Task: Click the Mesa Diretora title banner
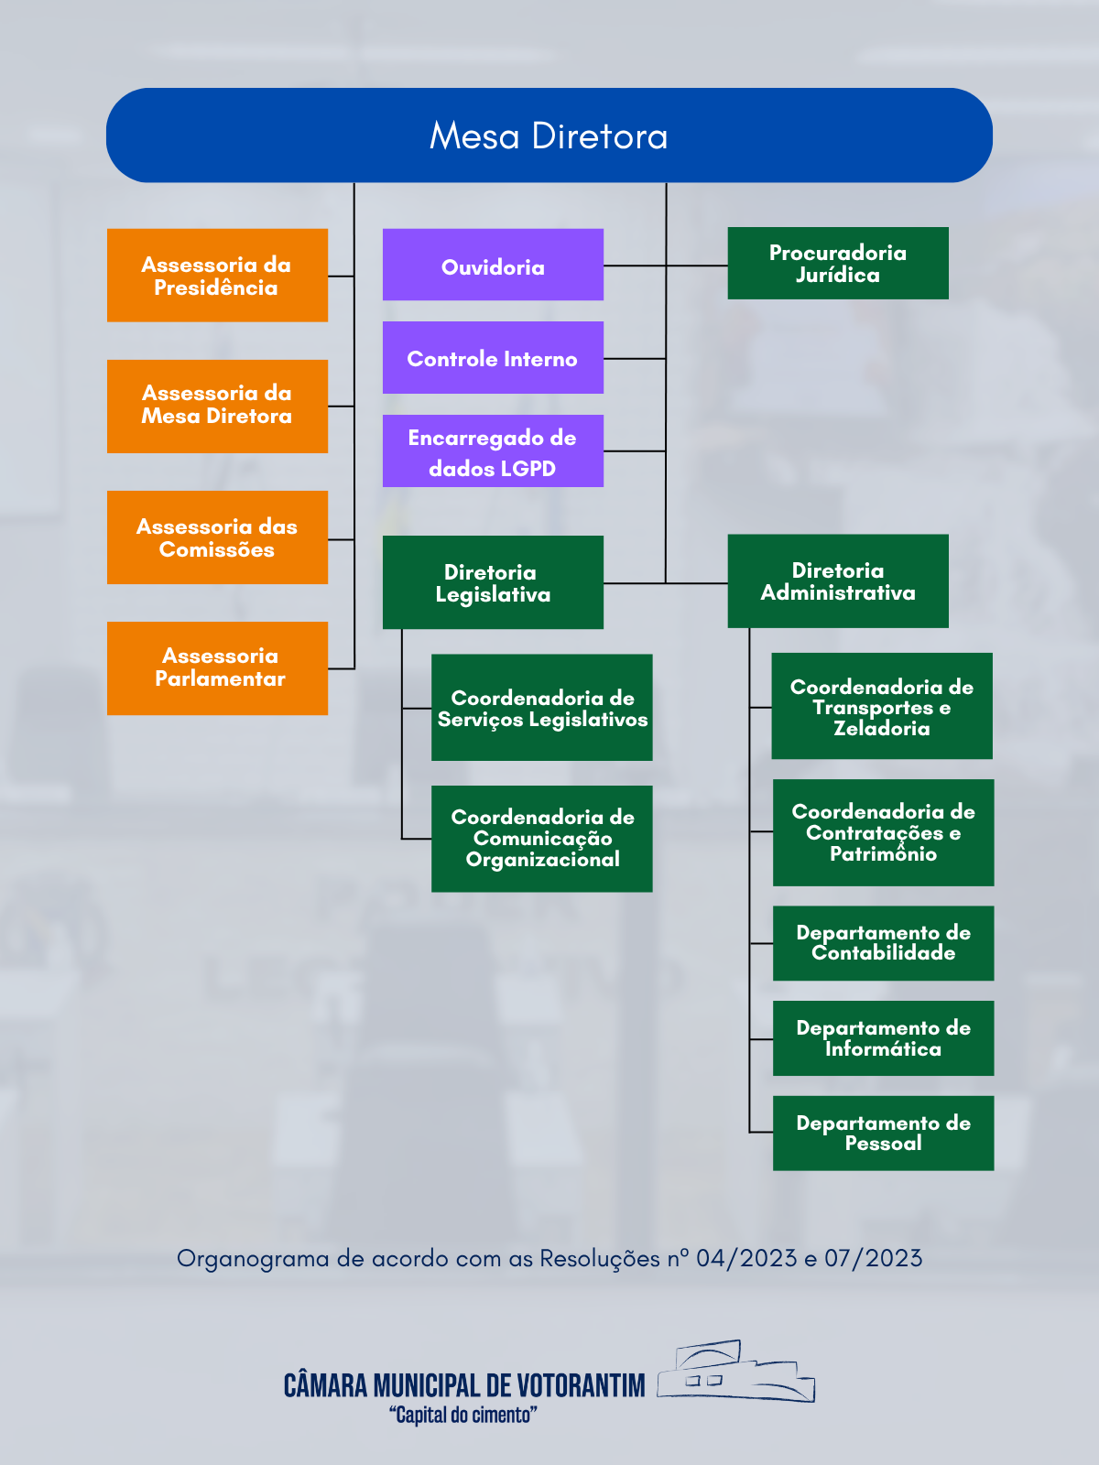pyautogui.click(x=549, y=136)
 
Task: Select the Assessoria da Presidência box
pyautogui.click(x=217, y=276)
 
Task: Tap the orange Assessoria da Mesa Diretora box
pyautogui.click(x=217, y=406)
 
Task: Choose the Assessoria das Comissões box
pyautogui.click(x=217, y=537)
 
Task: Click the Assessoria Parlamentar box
pyautogui.click(x=217, y=668)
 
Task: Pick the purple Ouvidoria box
pyautogui.click(x=493, y=266)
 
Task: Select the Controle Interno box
pyautogui.click(x=493, y=358)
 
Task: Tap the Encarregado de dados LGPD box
pyautogui.click(x=493, y=451)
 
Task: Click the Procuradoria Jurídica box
pyautogui.click(x=838, y=264)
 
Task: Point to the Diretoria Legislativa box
pyautogui.click(x=493, y=582)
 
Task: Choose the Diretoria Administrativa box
pyautogui.click(x=838, y=581)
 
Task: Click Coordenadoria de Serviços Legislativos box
pyautogui.click(x=542, y=708)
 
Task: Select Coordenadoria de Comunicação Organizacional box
pyautogui.click(x=542, y=839)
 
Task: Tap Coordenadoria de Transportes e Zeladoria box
pyautogui.click(x=882, y=706)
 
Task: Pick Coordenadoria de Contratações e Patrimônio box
pyautogui.click(x=883, y=832)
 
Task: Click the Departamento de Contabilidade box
pyautogui.click(x=883, y=943)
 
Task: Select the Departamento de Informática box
pyautogui.click(x=883, y=1038)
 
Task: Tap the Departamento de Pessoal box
pyautogui.click(x=883, y=1133)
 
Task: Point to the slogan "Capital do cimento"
pyautogui.click(x=463, y=1416)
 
